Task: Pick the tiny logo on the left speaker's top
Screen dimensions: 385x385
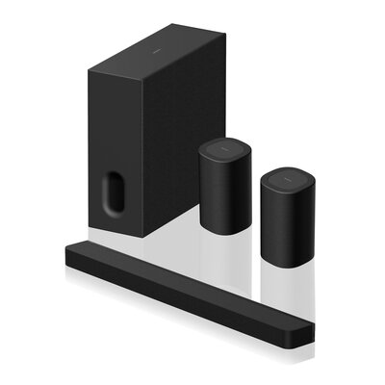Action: pos(222,145)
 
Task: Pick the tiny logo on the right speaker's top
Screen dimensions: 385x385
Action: pos(284,173)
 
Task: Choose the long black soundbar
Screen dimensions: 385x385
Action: pos(192,289)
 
